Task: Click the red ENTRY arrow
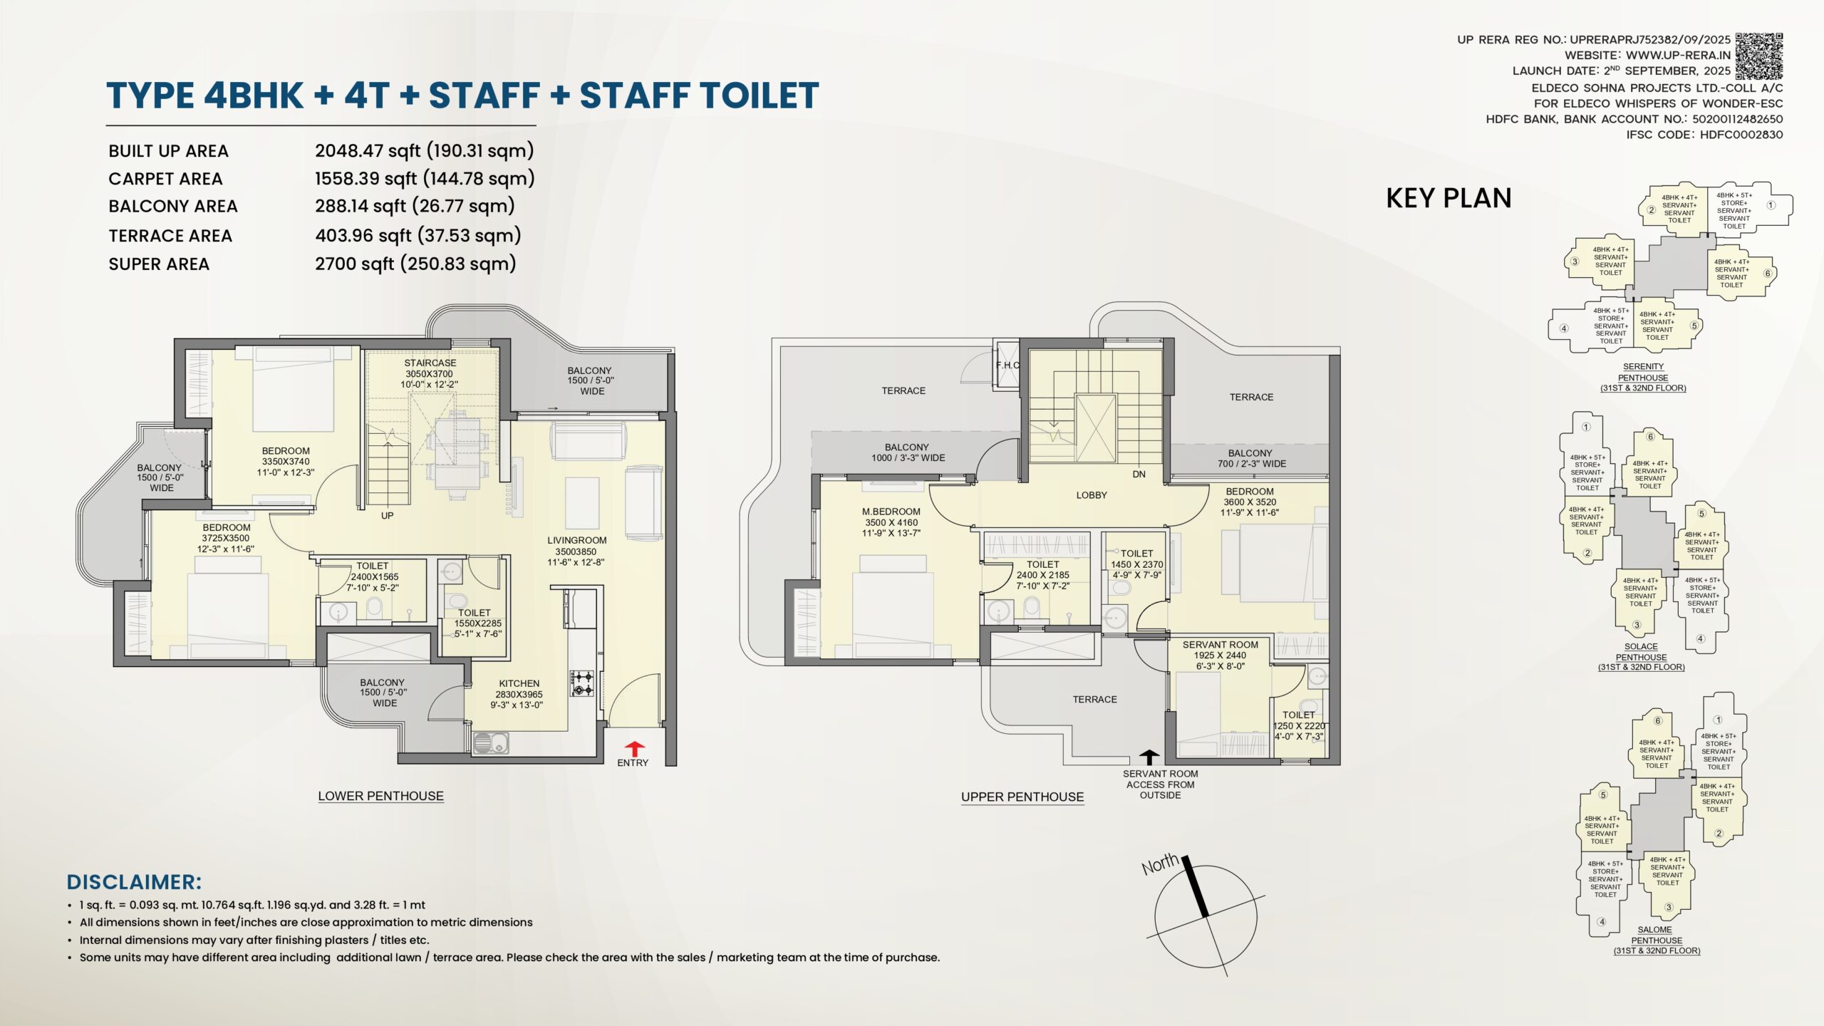[634, 749]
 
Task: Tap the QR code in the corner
[1758, 56]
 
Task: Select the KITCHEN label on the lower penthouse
[519, 683]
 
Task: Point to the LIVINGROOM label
[577, 541]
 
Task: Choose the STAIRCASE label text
[430, 363]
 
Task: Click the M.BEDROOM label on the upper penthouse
[891, 512]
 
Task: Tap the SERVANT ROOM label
[1221, 645]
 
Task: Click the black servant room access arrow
[1149, 757]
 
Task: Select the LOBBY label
[1092, 495]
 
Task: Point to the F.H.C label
[1007, 366]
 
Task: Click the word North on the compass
[1161, 864]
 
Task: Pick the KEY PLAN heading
[1449, 198]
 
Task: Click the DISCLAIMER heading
[134, 882]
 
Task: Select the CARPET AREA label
[165, 179]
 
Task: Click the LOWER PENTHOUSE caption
[380, 796]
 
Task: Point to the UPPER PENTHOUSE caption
[1022, 797]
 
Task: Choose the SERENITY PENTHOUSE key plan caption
[1643, 372]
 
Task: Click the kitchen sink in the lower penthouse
[491, 743]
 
